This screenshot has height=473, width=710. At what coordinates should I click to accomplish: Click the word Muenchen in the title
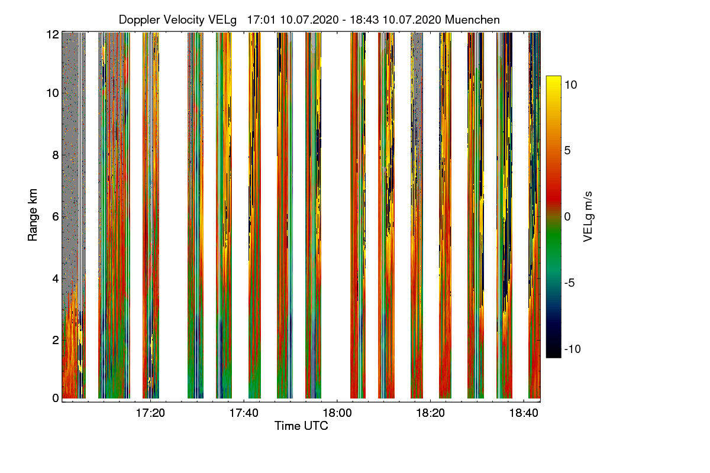tap(472, 20)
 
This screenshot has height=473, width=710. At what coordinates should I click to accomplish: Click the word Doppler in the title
tap(139, 20)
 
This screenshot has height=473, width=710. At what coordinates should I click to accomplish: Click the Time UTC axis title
tap(301, 426)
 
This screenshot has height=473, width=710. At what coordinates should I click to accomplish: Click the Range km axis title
tap(33, 216)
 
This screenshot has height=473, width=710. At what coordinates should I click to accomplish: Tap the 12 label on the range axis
tap(52, 34)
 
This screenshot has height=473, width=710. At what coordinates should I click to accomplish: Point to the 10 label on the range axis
tap(52, 93)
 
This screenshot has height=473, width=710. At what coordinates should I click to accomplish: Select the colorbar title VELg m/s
tap(588, 216)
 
